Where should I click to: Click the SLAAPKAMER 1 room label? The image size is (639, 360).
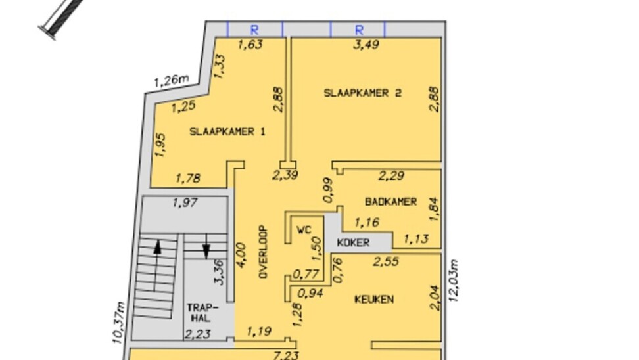point(227,131)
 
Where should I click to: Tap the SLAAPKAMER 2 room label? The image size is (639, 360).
point(362,93)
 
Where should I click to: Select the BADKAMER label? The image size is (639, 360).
point(390,202)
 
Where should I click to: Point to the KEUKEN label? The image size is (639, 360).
point(374,300)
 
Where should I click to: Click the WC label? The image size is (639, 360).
point(304,230)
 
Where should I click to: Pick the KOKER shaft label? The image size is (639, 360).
point(353,242)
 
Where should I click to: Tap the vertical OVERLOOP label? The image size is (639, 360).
point(263,252)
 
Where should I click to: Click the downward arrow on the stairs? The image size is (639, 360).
point(206,246)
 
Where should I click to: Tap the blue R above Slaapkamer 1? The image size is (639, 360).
point(254,30)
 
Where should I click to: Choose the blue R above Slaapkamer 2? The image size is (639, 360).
point(359,30)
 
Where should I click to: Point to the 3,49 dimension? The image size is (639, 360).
point(366,44)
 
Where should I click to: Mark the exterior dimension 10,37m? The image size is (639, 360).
point(118,323)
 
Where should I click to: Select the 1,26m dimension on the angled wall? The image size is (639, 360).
point(171,80)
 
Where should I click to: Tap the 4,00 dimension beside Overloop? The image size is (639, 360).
point(241,256)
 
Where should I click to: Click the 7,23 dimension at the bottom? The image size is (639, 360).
point(286,355)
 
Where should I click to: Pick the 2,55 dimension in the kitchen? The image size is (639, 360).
point(385,261)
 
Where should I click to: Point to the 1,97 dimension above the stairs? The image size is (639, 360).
point(185,202)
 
